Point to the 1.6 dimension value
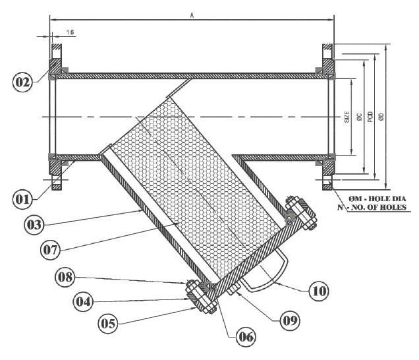pos(70,32)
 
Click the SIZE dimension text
pos(347,117)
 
